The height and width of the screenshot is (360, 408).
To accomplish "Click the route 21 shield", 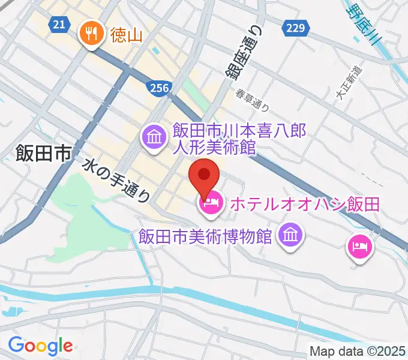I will pyautogui.click(x=58, y=23).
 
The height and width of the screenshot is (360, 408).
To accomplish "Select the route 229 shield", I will pyautogui.click(x=296, y=28).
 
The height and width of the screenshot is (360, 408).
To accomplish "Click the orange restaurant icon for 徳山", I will pyautogui.click(x=91, y=34).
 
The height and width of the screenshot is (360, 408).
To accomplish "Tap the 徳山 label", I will pyautogui.click(x=126, y=35).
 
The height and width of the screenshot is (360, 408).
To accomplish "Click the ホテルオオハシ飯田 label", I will pyautogui.click(x=305, y=205).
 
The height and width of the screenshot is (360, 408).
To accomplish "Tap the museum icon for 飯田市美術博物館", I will pyautogui.click(x=291, y=234).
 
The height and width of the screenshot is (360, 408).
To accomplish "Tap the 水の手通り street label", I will pyautogui.click(x=117, y=179).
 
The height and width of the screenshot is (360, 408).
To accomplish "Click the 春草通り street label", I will pyautogui.click(x=252, y=100).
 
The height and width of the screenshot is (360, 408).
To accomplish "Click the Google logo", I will pyautogui.click(x=40, y=346).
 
